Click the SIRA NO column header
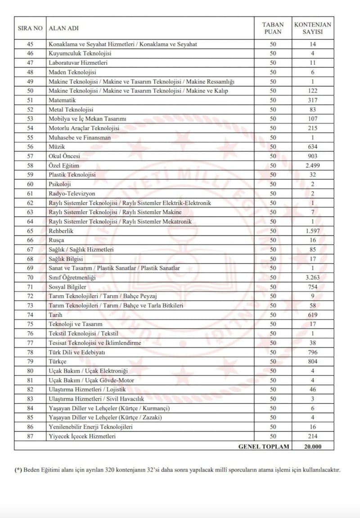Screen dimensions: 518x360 (30, 28)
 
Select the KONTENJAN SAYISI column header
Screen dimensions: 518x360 (312, 28)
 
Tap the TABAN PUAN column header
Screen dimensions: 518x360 (273, 28)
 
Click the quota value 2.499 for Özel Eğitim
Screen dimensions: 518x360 (312, 166)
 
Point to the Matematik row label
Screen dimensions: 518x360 (62, 100)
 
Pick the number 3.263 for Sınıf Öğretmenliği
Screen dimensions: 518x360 (312, 278)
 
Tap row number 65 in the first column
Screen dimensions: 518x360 (30, 231)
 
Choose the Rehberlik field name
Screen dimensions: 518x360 (61, 231)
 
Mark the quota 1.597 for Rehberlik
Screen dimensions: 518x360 (312, 231)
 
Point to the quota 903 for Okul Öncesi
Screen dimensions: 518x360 (312, 156)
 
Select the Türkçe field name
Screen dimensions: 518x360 (58, 361)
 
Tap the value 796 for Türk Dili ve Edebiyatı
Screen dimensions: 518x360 (312, 352)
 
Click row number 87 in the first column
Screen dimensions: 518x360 (30, 436)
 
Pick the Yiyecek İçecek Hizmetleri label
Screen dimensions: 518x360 (82, 436)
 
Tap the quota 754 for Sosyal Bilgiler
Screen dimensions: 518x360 (312, 287)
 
